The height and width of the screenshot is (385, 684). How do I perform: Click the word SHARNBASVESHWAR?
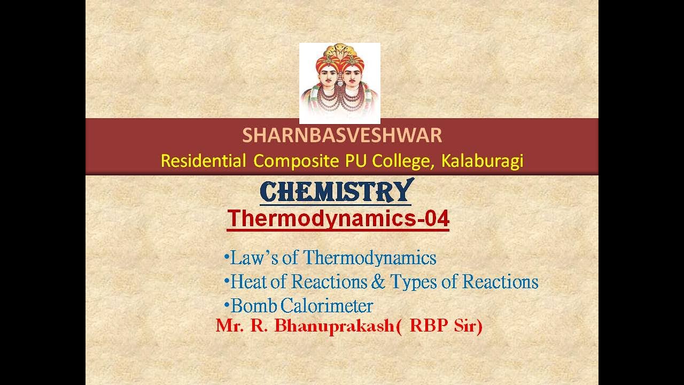(x=342, y=136)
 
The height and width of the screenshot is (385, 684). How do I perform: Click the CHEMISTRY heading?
(x=336, y=191)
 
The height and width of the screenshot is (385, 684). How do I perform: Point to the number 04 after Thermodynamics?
(x=435, y=219)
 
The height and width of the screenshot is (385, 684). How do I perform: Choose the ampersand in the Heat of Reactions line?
(x=378, y=282)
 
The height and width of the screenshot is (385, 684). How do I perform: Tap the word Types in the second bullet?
(x=411, y=282)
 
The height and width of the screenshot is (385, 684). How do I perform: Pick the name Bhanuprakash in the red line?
(x=334, y=326)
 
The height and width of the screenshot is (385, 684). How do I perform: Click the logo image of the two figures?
(x=340, y=83)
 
